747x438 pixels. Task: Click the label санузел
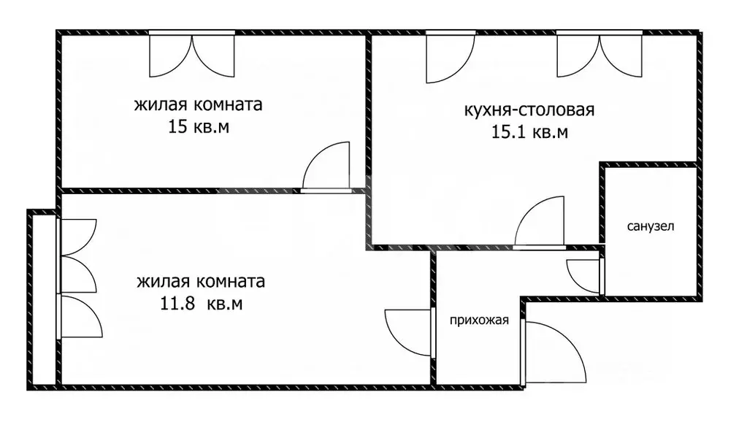[x=651, y=226]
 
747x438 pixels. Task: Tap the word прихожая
[x=478, y=320]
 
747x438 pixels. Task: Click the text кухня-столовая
[x=529, y=110]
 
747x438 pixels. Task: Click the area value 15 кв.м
[x=199, y=127]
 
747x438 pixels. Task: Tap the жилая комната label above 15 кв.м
[x=199, y=104]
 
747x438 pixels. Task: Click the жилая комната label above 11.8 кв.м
[x=201, y=281]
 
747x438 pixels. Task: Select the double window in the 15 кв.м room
[x=192, y=55]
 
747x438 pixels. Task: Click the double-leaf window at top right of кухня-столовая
[x=599, y=55]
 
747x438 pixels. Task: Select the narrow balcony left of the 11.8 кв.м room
[x=43, y=299]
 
